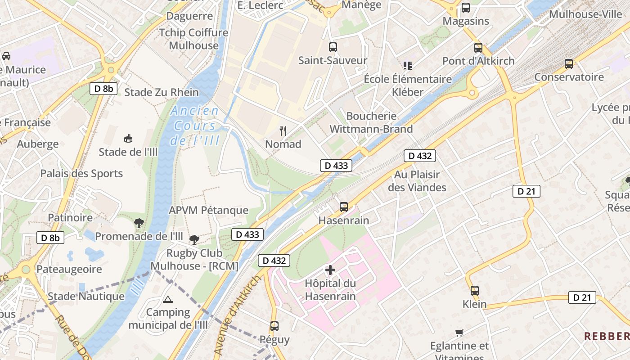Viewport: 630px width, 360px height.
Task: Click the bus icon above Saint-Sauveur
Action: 333,47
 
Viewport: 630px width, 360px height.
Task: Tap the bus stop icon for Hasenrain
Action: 344,207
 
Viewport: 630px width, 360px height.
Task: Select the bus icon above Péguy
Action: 274,326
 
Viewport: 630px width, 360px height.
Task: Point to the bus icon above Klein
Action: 475,290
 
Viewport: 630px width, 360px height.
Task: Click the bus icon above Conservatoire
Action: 569,64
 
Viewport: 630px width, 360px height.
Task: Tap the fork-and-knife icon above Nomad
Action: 283,131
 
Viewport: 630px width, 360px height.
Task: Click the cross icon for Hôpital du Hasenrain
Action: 330,270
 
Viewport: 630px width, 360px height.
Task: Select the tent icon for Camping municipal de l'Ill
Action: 168,299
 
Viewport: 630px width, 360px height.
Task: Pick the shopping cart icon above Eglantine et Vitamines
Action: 459,333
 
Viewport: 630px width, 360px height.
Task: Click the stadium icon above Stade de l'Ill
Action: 128,138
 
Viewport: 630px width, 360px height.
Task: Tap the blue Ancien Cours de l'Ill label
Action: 195,126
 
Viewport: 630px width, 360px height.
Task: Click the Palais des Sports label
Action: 81,173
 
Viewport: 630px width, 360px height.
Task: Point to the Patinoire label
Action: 70,217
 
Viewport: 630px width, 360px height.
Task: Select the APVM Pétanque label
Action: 208,210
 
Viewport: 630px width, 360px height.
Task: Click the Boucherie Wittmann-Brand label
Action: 371,122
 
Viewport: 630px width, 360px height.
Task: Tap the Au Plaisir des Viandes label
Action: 417,180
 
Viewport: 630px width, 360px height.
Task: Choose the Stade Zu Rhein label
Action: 161,92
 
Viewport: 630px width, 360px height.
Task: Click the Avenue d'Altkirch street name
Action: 237,315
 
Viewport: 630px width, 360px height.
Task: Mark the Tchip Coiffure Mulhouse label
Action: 193,39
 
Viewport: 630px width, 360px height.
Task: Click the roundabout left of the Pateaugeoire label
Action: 26,270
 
